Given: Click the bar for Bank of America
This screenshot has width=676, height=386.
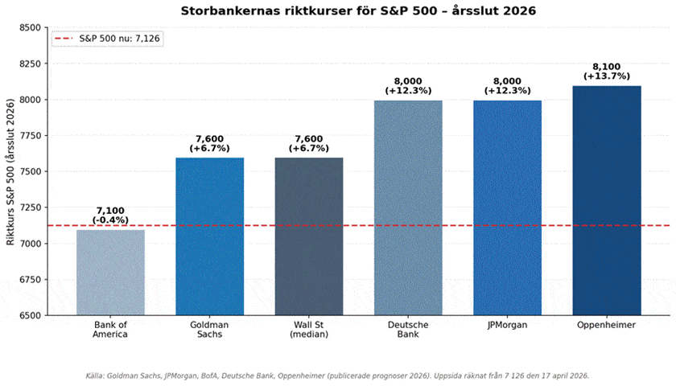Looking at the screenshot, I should [x=110, y=273].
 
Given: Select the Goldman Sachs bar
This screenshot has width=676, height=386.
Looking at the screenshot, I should [x=209, y=236].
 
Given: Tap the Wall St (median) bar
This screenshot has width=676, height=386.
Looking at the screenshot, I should [x=309, y=236].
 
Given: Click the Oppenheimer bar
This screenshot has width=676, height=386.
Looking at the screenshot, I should [x=606, y=200].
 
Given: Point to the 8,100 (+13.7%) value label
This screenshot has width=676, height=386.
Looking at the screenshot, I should [x=606, y=71].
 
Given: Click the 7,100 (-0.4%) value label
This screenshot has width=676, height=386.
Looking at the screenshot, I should [x=110, y=215].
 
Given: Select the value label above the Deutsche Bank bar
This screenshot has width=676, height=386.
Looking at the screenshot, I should [x=408, y=85].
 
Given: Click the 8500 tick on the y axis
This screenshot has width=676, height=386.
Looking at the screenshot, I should [x=29, y=27].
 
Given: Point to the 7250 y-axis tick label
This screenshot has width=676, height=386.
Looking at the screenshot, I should [x=29, y=207].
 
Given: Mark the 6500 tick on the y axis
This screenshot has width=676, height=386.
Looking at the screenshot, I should [x=29, y=315].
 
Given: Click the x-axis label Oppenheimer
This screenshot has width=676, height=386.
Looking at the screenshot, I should [x=606, y=325].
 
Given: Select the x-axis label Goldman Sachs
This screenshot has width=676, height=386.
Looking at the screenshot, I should [x=209, y=330].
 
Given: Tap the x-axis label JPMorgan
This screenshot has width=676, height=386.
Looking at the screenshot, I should [x=507, y=325].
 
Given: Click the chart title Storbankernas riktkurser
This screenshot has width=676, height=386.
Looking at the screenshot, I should [x=357, y=11].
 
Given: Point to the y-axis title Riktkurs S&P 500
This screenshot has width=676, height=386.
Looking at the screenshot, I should [x=10, y=171].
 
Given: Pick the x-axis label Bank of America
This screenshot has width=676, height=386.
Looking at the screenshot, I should [x=110, y=330].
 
